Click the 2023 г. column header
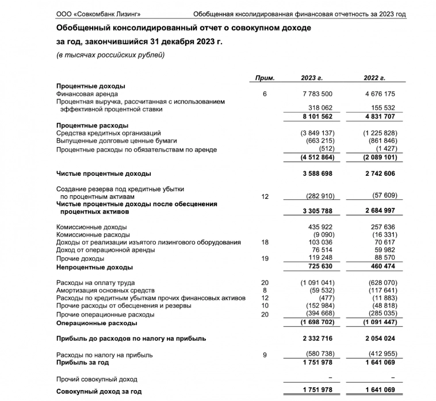[312, 78]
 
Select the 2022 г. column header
[374, 78]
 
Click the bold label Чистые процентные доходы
[104, 173]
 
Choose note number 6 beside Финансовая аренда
[265, 94]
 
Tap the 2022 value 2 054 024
[377, 340]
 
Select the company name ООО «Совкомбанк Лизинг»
[98, 13]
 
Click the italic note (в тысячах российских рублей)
[110, 55]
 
